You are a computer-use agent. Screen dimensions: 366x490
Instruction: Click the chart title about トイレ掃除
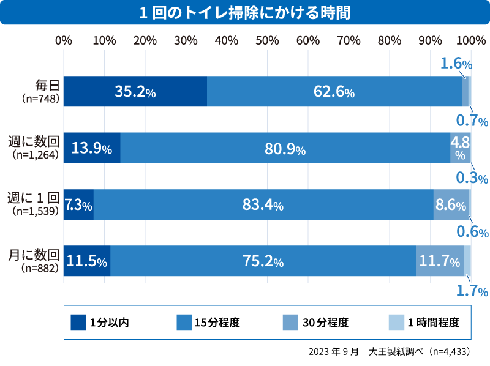[x=245, y=12]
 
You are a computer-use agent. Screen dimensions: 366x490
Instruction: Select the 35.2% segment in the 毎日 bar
[x=135, y=92]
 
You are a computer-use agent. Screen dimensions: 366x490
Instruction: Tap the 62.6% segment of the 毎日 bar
[x=334, y=92]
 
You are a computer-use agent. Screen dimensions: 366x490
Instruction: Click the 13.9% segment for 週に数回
[x=92, y=148]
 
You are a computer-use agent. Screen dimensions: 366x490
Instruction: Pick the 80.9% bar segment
[x=285, y=148]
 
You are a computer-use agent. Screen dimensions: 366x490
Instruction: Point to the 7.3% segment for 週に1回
[x=78, y=205]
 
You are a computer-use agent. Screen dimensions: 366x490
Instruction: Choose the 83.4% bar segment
[x=263, y=205]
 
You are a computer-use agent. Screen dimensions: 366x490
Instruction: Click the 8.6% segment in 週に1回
[x=451, y=205]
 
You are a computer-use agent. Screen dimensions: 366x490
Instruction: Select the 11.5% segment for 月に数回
[x=87, y=261]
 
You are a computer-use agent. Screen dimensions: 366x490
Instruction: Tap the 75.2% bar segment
[x=263, y=261]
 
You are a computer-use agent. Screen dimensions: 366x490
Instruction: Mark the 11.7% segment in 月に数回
[x=440, y=261]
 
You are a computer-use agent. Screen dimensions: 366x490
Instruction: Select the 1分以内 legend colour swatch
[x=78, y=322]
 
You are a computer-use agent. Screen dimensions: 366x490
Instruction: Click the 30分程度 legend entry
[x=325, y=322]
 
